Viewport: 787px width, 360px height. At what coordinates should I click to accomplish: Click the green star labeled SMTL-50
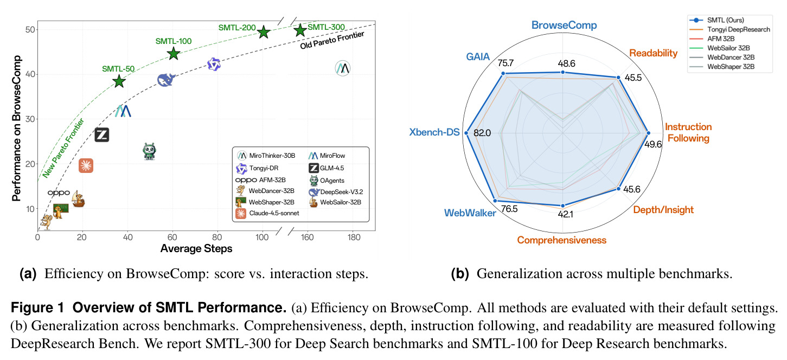click(x=119, y=81)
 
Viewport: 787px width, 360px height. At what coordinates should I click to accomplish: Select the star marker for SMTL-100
click(x=174, y=54)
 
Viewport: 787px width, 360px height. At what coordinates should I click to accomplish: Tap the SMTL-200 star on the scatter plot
click(x=264, y=32)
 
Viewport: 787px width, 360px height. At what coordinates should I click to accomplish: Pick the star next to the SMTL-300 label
click(x=300, y=30)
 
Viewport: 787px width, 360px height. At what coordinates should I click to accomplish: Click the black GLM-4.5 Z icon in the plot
click(x=102, y=135)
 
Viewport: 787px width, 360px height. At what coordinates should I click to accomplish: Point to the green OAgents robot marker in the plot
click(x=150, y=152)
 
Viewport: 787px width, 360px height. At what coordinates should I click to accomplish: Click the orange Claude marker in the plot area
click(x=86, y=165)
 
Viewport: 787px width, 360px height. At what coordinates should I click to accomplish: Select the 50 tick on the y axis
click(x=30, y=29)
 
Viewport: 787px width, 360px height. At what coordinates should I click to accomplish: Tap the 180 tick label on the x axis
click(x=354, y=237)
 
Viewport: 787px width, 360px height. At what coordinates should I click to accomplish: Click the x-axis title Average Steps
click(x=196, y=249)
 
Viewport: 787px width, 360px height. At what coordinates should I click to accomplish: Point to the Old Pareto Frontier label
click(x=332, y=40)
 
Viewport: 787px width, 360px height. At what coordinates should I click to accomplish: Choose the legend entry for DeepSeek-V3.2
click(x=336, y=192)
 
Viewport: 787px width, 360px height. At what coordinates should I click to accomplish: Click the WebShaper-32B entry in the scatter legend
click(x=265, y=202)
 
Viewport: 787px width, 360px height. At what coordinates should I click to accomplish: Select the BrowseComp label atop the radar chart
click(x=564, y=25)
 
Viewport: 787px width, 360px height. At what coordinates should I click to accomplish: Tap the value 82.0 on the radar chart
click(x=482, y=133)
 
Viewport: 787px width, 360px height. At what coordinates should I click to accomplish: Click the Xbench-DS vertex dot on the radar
click(x=466, y=133)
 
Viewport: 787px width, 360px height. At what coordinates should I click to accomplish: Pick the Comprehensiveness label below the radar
click(x=561, y=240)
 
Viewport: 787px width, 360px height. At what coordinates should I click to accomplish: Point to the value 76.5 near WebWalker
click(x=509, y=209)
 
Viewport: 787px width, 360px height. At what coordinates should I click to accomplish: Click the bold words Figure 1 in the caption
click(x=37, y=307)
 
